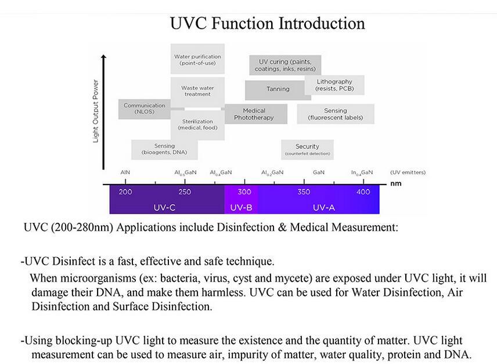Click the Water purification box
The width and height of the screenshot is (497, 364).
pyautogui.click(x=197, y=59)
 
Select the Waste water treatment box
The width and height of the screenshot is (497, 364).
pyautogui.click(x=197, y=91)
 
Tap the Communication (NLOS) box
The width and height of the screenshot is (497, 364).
pyautogui.click(x=145, y=109)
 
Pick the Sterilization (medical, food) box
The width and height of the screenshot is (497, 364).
pyautogui.click(x=197, y=125)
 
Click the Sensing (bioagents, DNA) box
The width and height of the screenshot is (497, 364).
pyautogui.click(x=164, y=149)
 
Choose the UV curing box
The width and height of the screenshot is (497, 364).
pyautogui.click(x=285, y=65)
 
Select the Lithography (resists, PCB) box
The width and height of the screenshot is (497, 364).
pyautogui.click(x=334, y=85)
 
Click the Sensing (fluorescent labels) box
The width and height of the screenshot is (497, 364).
pyautogui.click(x=336, y=114)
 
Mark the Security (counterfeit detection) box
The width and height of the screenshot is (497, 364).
pyautogui.click(x=307, y=150)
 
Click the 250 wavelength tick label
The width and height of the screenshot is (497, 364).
pyautogui.click(x=185, y=192)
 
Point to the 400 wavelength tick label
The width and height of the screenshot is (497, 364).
pyautogui.click(x=363, y=192)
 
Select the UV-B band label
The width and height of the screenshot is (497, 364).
pyautogui.click(x=241, y=207)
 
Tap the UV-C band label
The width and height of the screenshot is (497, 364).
pyautogui.click(x=164, y=207)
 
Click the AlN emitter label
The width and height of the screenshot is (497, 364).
pyautogui.click(x=125, y=172)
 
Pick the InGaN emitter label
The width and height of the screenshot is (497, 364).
pyautogui.click(x=362, y=172)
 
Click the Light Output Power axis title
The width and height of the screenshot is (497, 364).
pyautogui.click(x=95, y=111)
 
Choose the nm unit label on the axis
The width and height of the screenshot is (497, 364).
pyautogui.click(x=396, y=184)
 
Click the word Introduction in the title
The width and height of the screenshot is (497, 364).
pyautogui.click(x=322, y=23)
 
